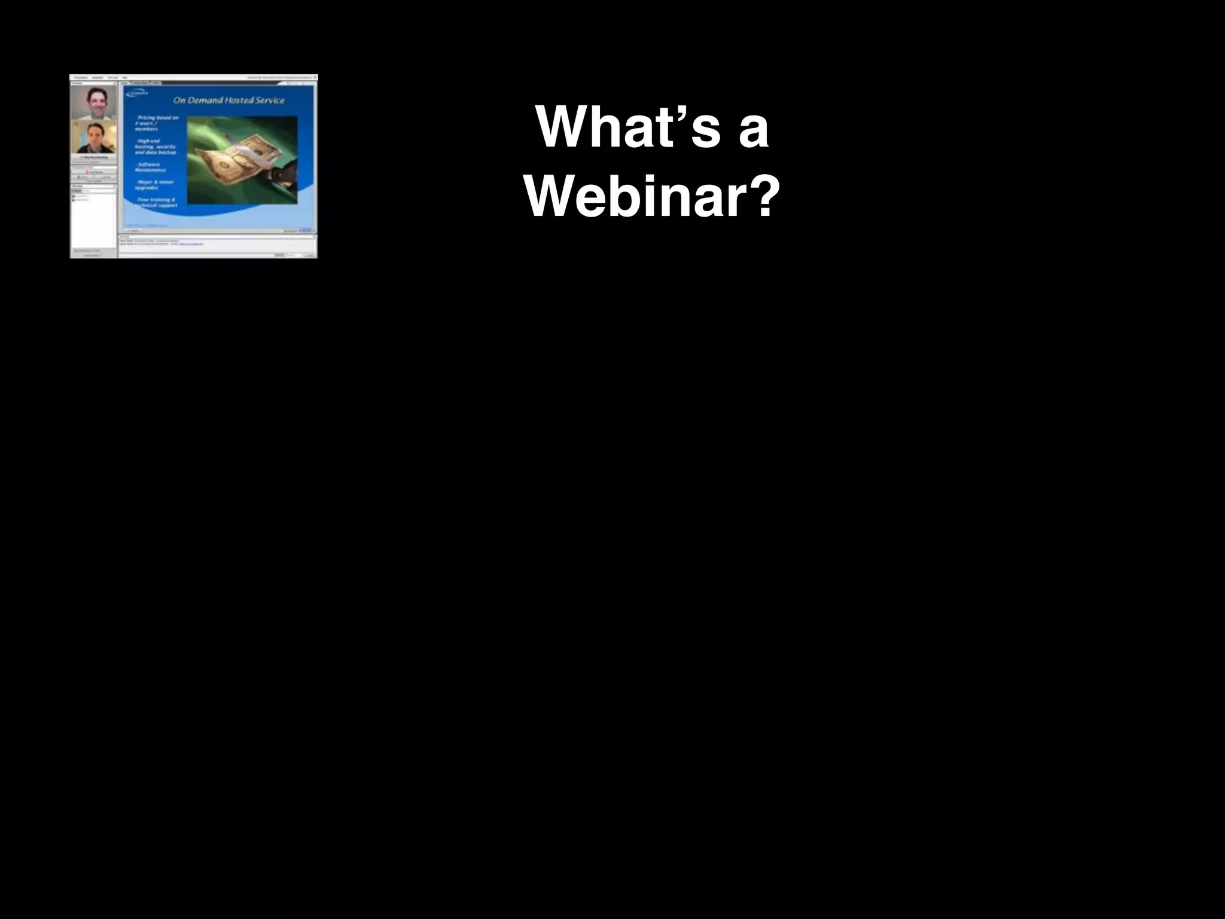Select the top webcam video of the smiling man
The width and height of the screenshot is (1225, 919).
pyautogui.click(x=94, y=103)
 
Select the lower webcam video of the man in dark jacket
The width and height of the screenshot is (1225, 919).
pyautogui.click(x=94, y=138)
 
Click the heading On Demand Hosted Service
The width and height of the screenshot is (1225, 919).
pyautogui.click(x=228, y=100)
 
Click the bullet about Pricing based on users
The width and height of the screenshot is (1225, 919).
pyautogui.click(x=157, y=123)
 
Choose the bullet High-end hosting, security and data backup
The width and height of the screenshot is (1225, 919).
pyautogui.click(x=156, y=147)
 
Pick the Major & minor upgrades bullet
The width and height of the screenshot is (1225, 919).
pyautogui.click(x=154, y=184)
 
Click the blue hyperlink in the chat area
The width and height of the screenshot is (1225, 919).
pyautogui.click(x=191, y=244)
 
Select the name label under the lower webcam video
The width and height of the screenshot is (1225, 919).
pyautogui.click(x=94, y=157)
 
